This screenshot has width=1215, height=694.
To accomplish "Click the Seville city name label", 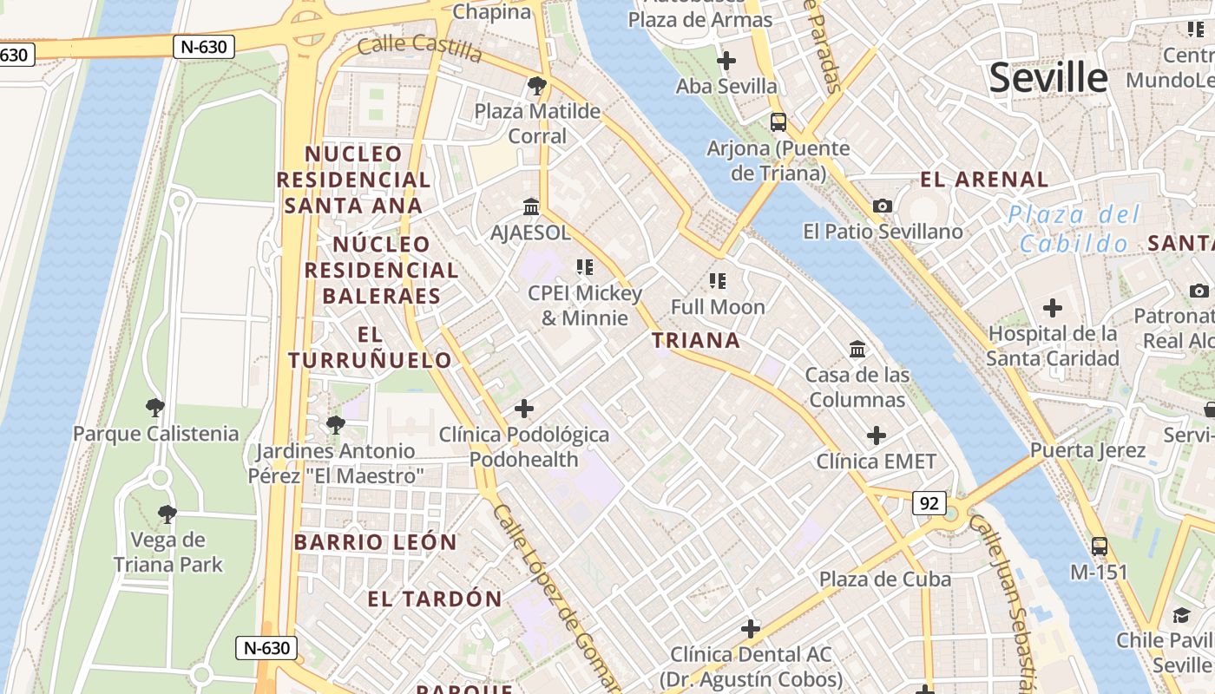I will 1048,78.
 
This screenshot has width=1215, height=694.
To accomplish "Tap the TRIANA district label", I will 696,341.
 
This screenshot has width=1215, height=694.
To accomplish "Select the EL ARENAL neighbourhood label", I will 984,180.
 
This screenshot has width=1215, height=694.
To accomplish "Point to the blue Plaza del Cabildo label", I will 1074,229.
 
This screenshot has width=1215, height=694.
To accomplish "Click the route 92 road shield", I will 929,503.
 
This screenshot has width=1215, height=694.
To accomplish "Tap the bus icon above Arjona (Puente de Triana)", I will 778,122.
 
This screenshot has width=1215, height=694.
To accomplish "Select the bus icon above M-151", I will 1100,547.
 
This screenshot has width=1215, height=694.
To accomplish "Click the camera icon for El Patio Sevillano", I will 883,206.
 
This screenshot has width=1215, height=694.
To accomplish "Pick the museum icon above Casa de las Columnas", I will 857,349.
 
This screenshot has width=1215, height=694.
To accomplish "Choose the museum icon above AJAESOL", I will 531,207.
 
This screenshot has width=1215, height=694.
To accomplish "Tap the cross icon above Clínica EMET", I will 877,435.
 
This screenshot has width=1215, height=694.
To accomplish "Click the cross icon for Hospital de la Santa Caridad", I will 1053,308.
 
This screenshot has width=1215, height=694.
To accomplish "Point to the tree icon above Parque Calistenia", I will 155,407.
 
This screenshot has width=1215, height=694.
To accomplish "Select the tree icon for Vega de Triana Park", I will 167,514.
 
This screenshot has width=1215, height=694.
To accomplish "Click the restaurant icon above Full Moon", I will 718,280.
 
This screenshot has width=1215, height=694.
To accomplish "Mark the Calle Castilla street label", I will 419,48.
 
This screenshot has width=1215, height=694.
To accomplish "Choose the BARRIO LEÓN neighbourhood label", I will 375,543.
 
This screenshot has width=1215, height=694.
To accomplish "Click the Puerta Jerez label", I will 1088,451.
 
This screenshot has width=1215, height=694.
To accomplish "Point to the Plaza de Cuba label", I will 885,579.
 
